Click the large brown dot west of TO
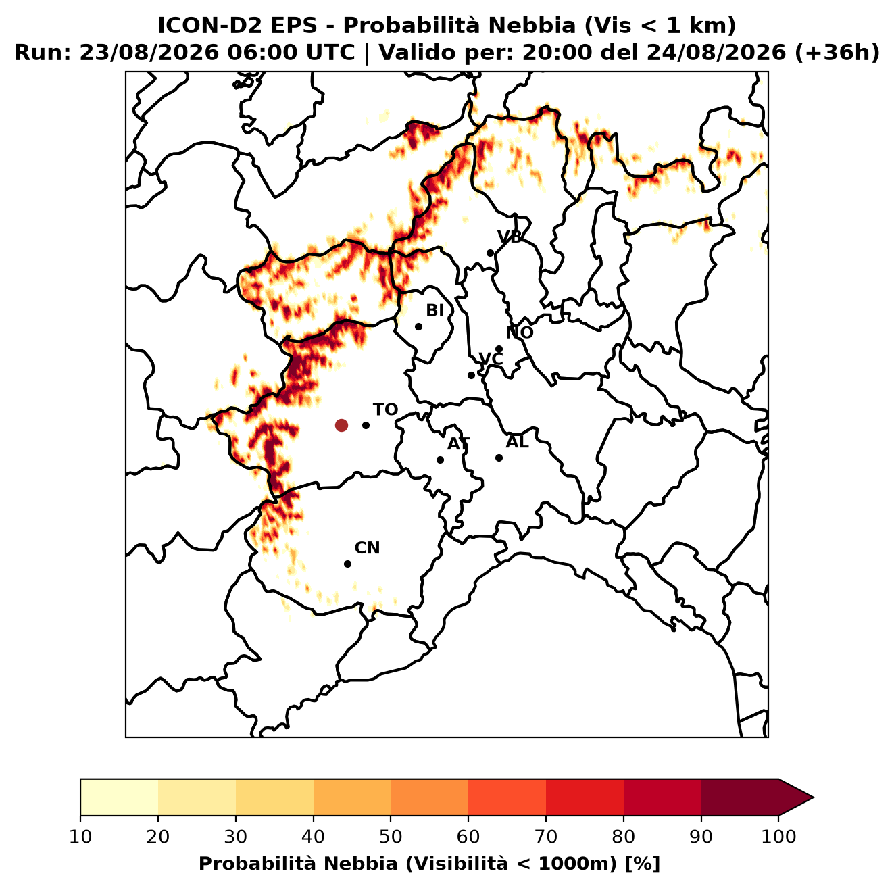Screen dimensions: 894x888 point(341,425)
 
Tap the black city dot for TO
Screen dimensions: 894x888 point(366,425)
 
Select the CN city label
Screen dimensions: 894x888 point(367,548)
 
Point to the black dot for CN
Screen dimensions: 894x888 point(347,564)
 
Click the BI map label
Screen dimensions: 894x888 point(435,311)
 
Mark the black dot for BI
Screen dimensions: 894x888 point(418,327)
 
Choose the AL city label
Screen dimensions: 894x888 point(517,442)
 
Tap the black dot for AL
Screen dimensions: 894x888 point(499,458)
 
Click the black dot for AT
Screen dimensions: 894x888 point(441,460)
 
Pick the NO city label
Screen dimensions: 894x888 point(520,332)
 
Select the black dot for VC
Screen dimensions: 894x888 point(472,375)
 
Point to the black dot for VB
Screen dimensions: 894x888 point(491,253)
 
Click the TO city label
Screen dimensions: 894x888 point(386,410)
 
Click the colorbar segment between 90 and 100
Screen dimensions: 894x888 point(739,797)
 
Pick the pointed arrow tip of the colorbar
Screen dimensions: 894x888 point(813,797)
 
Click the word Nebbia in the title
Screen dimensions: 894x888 point(532,26)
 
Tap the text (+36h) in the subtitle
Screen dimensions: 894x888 point(837,53)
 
